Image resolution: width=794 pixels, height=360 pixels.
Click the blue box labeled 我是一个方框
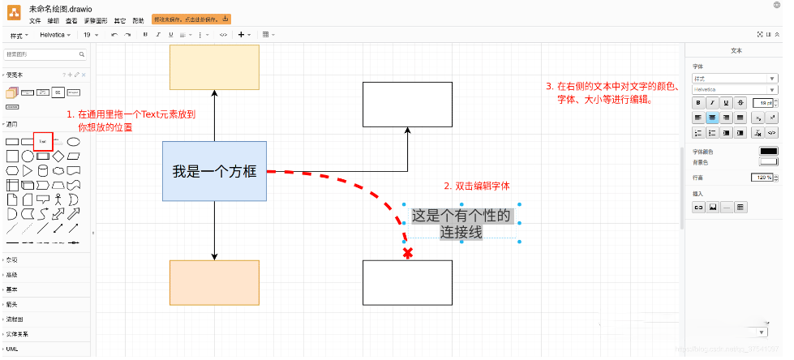pyautogui.click(x=214, y=171)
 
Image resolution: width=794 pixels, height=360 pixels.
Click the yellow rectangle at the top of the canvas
pyautogui.click(x=214, y=66)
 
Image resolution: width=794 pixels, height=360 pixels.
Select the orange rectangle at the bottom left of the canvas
pyautogui.click(x=214, y=282)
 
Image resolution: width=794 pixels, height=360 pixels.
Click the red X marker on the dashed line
pyautogui.click(x=407, y=254)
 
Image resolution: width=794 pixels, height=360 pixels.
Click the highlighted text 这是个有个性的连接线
pyautogui.click(x=461, y=223)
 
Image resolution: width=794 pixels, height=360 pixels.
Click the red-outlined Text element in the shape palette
pyautogui.click(x=42, y=141)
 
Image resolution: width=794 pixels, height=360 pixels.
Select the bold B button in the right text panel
pyautogui.click(x=697, y=103)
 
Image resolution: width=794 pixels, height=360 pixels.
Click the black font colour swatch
pyautogui.click(x=767, y=152)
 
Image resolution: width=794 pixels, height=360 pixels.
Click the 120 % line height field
pyautogui.click(x=763, y=178)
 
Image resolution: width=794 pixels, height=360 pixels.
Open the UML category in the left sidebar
pyautogui.click(x=13, y=348)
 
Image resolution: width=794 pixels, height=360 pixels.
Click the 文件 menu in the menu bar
pyautogui.click(x=35, y=19)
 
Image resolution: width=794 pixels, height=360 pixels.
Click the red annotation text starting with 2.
pyautogui.click(x=477, y=186)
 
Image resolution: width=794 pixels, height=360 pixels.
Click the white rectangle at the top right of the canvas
pyautogui.click(x=407, y=104)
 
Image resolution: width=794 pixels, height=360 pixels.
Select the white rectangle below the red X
pyautogui.click(x=407, y=282)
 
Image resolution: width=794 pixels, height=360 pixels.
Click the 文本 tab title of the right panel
pyautogui.click(x=736, y=50)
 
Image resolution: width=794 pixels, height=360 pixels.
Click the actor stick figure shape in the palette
pyautogui.click(x=58, y=199)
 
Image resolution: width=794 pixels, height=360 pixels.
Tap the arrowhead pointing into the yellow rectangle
pyautogui.click(x=214, y=94)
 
